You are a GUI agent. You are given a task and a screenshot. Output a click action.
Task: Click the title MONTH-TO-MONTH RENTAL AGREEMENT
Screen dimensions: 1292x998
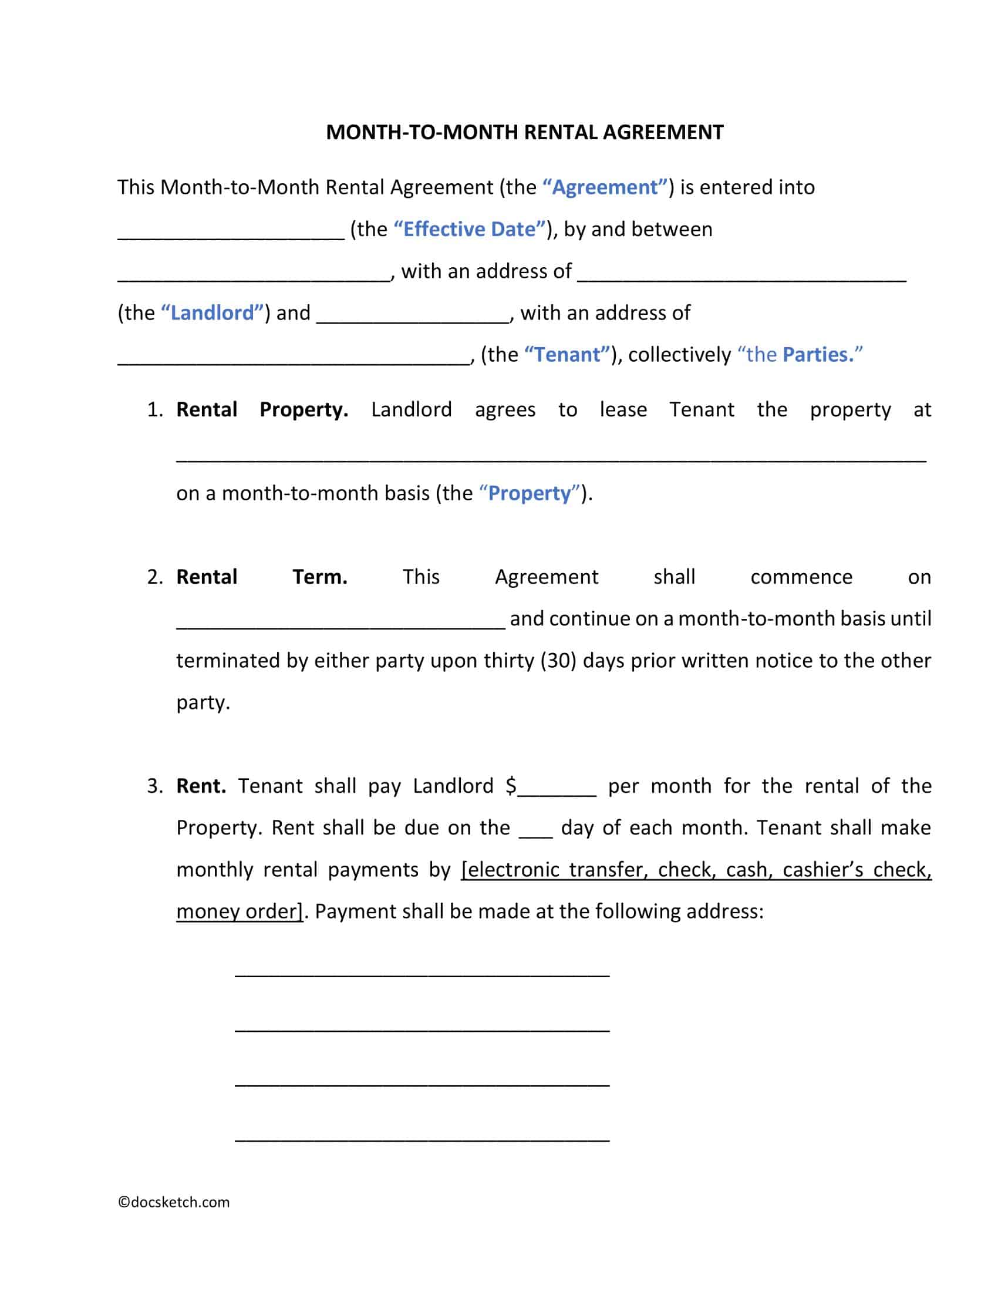(x=524, y=132)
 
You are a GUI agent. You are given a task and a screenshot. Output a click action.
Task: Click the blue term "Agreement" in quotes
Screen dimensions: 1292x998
(x=605, y=187)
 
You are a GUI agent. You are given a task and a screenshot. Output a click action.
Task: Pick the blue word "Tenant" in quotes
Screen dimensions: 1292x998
(x=567, y=354)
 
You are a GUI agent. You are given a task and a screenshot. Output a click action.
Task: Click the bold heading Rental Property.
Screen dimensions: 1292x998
(x=262, y=409)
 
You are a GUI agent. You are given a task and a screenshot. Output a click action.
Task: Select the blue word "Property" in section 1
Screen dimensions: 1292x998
(x=530, y=493)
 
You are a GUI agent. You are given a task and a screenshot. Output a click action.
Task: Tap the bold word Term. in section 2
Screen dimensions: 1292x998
(x=320, y=577)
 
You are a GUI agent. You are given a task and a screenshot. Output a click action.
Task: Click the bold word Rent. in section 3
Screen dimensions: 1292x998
(x=201, y=786)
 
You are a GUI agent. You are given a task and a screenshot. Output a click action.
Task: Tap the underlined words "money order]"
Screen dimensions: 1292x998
(x=240, y=911)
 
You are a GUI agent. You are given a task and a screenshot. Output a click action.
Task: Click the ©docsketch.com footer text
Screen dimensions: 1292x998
(x=174, y=1202)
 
